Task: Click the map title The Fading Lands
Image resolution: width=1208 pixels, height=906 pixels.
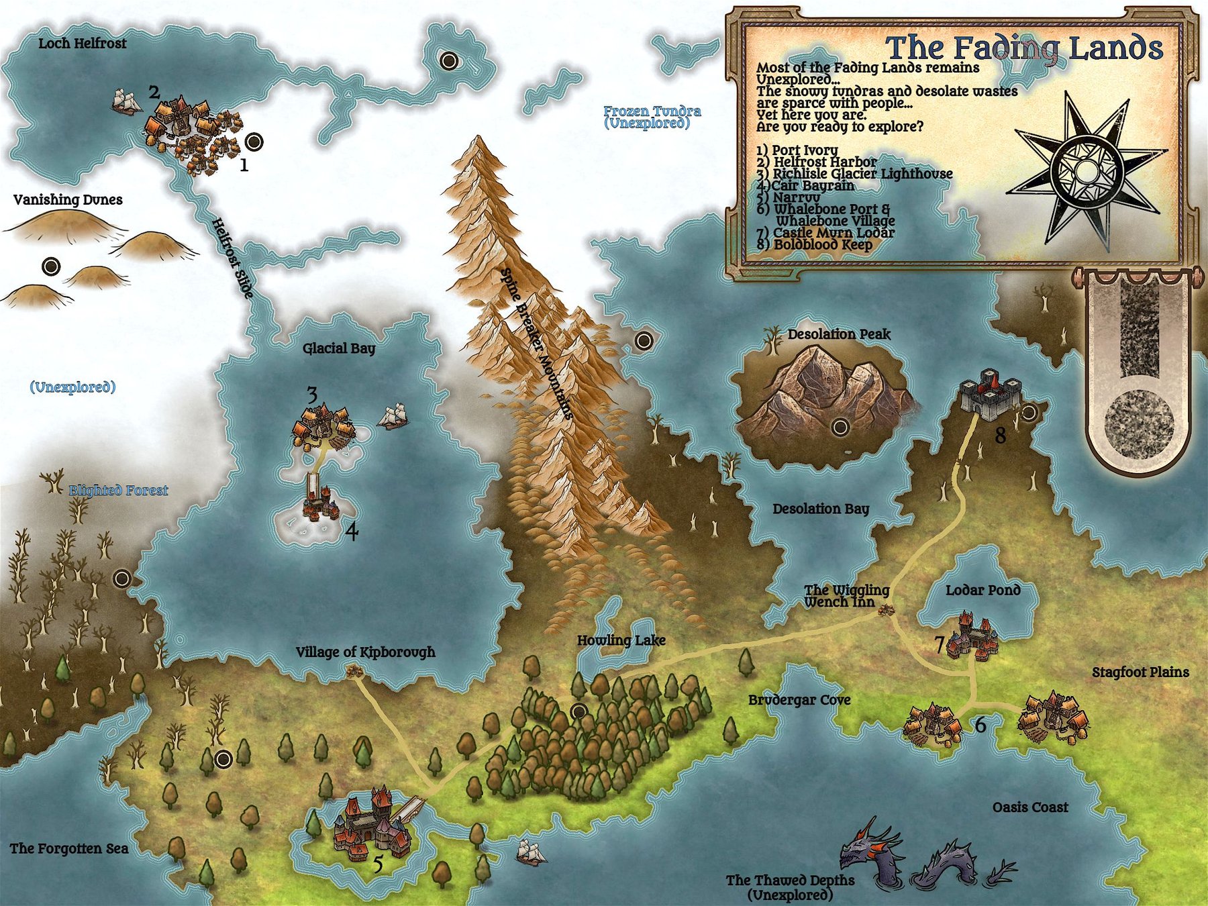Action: pos(1024,48)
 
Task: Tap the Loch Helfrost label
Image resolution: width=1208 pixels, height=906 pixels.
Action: pos(82,44)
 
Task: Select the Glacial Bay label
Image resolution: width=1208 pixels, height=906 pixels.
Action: pos(339,348)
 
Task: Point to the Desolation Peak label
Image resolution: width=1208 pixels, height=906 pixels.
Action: pos(839,334)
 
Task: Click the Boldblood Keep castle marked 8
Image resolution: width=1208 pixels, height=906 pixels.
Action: pos(990,394)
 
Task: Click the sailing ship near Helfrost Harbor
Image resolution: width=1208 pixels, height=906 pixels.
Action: pos(126,102)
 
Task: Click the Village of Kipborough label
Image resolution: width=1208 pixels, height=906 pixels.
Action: pos(365,652)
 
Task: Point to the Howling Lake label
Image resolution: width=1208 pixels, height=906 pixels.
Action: pos(621,640)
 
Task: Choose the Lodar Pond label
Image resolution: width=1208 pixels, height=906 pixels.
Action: pos(983,590)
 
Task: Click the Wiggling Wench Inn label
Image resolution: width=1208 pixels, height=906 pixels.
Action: pos(846,596)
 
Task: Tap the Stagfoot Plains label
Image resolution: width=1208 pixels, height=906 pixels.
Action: pos(1140,672)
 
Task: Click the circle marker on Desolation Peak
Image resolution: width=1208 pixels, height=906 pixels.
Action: pos(840,426)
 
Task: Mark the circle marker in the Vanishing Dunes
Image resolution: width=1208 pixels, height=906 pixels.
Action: pos(51,266)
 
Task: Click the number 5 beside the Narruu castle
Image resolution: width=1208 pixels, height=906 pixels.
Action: pos(378,864)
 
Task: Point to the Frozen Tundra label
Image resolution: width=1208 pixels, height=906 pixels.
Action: pos(652,111)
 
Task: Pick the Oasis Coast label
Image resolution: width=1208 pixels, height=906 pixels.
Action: pos(1030,807)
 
